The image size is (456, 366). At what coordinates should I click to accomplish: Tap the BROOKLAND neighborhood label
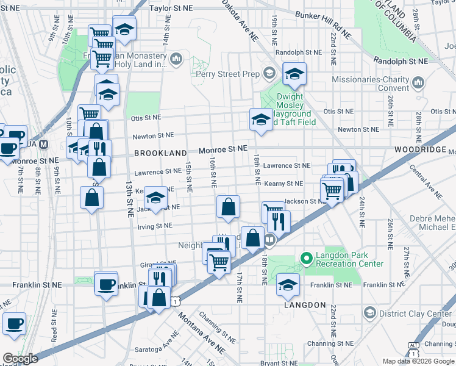tap(160, 152)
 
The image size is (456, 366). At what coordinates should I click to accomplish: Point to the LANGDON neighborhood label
tap(305, 304)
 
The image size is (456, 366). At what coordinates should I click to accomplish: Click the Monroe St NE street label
tap(223, 149)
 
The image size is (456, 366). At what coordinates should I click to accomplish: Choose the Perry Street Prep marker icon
tap(268, 74)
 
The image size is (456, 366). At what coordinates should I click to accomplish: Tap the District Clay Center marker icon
tap(369, 314)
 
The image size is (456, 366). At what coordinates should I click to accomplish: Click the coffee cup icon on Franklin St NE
tap(106, 284)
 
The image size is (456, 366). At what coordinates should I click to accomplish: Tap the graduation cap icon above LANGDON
tap(288, 284)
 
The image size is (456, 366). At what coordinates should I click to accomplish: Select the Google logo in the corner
tap(20, 358)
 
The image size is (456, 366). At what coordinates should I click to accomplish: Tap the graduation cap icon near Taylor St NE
tap(124, 29)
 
